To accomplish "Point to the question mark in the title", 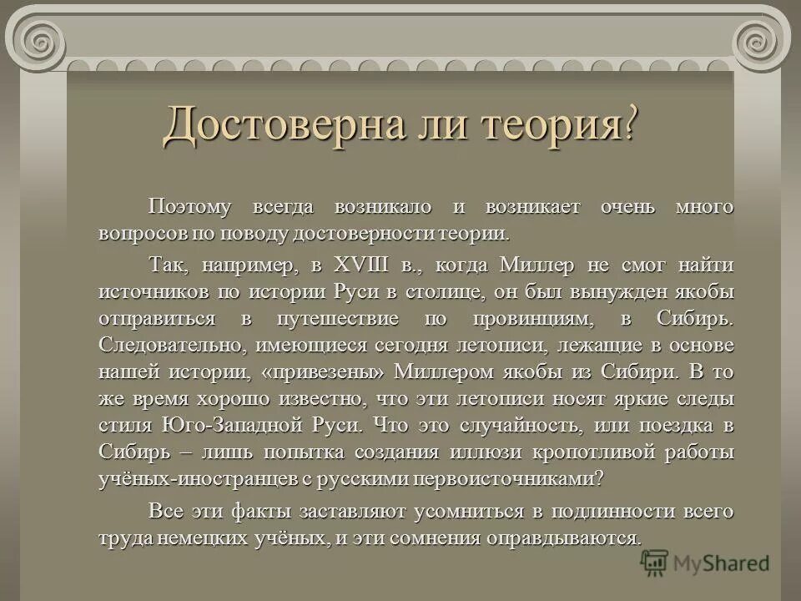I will click(x=632, y=125).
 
